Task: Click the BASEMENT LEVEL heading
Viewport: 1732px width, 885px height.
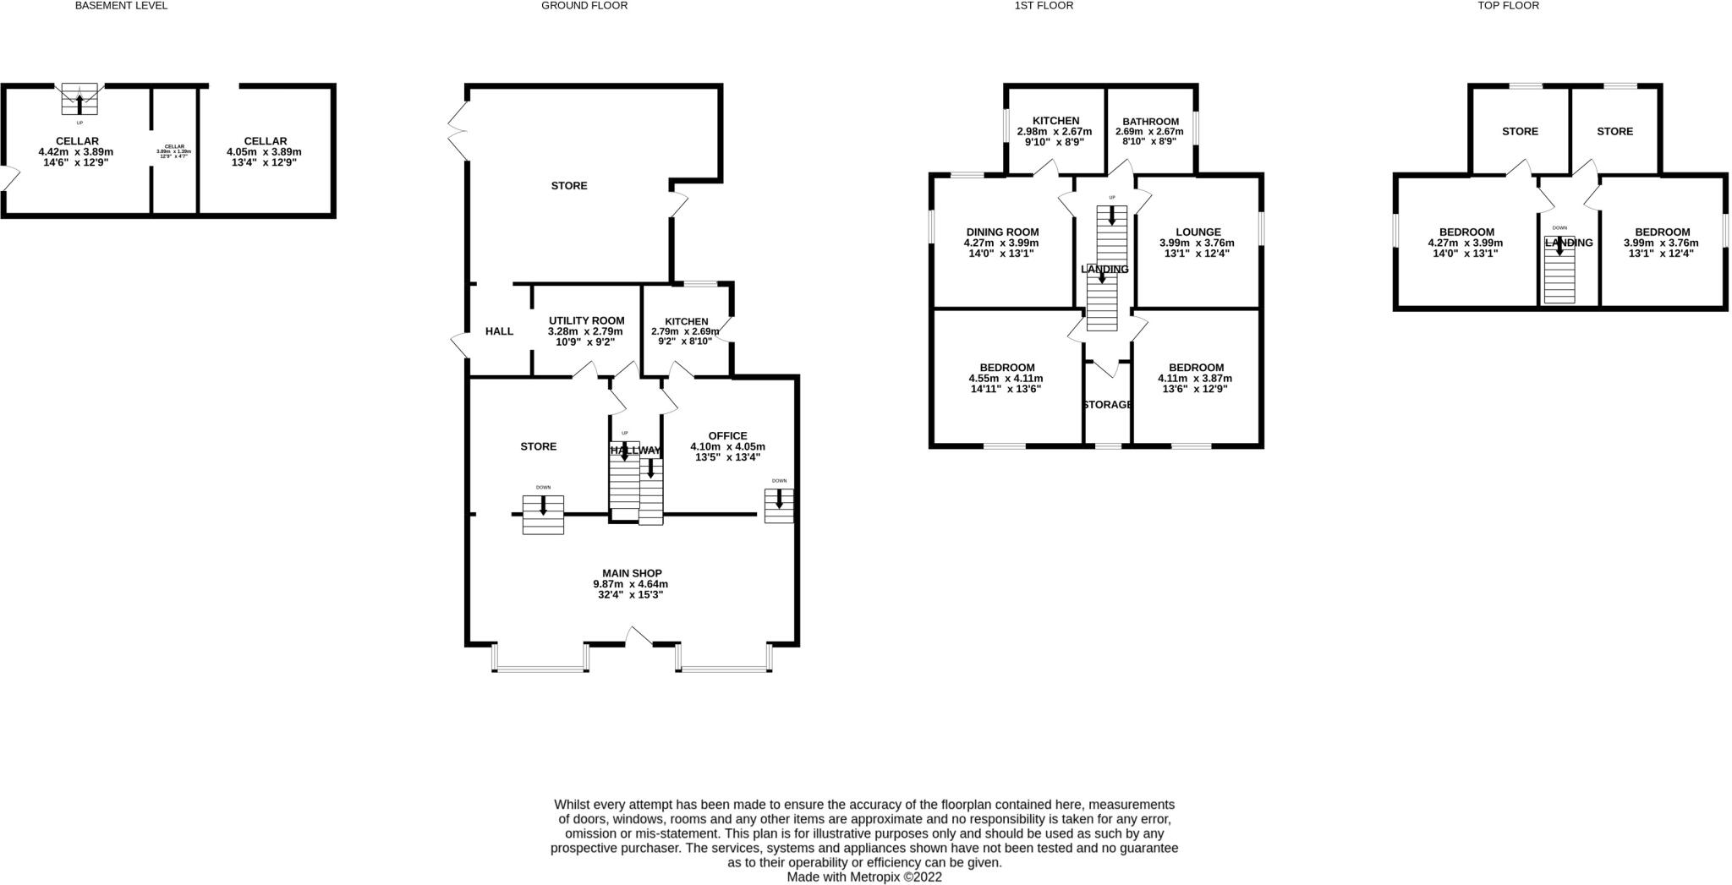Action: pos(121,6)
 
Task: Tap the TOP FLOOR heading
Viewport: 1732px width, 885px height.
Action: pos(1508,6)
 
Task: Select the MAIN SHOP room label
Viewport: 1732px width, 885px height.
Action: pos(632,573)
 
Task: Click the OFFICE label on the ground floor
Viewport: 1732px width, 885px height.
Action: pos(727,436)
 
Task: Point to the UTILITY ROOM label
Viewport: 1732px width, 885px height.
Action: pos(586,320)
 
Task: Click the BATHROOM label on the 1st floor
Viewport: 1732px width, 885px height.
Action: pos(1150,121)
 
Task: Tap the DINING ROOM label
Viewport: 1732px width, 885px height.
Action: pos(1002,232)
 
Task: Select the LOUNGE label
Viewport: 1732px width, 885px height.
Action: pos(1198,232)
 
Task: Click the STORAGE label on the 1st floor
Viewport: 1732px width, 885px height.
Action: pos(1107,405)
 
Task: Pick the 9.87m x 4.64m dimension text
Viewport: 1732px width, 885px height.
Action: pos(630,584)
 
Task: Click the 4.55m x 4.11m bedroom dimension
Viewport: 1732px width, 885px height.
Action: pos(1006,379)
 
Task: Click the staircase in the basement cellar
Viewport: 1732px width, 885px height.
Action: pos(79,99)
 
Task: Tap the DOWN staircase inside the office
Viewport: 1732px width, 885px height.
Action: pos(779,505)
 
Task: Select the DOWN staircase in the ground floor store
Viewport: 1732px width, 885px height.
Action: pos(543,514)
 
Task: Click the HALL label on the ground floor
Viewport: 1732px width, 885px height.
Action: pos(499,331)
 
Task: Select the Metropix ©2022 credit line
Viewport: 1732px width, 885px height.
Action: pos(863,877)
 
